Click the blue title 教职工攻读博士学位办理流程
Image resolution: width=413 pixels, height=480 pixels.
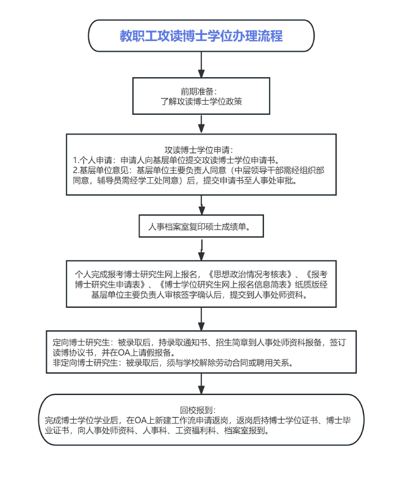pos(201,36)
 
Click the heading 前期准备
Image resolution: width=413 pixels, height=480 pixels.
pos(197,91)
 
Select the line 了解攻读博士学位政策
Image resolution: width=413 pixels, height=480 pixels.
pos(201,101)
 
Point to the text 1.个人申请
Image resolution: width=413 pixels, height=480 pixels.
pos(92,160)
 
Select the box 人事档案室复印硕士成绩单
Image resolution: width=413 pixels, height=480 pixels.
pos(201,226)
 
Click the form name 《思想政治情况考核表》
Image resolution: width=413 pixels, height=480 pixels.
pos(249,274)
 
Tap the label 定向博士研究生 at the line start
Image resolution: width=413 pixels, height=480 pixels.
pos(81,342)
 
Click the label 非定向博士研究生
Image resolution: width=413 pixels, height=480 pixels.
pos(85,363)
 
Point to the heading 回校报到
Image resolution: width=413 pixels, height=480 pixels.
pos(197,410)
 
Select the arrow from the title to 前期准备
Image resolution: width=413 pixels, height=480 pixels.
pos(201,65)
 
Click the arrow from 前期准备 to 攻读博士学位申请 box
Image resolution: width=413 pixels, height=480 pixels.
pos(201,124)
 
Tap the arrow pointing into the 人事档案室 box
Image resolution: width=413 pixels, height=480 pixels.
pos(201,205)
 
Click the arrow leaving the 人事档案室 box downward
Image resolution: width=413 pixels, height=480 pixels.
pos(201,249)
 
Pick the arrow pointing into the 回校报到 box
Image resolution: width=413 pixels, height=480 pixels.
pos(201,384)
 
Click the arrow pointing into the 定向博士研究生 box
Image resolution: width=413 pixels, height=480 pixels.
pos(201,319)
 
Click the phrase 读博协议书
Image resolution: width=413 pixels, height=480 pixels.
pos(73,353)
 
